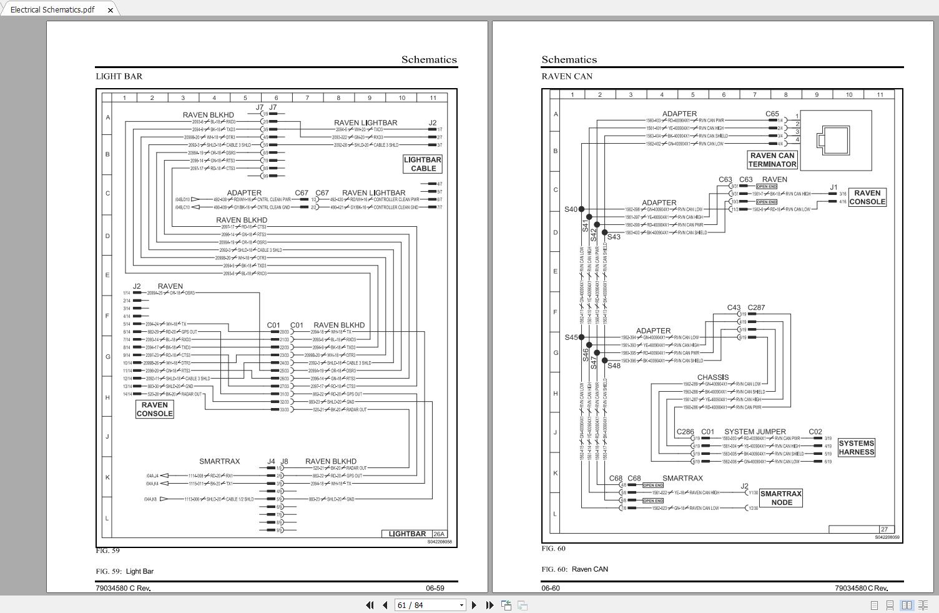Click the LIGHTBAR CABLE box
pos(423,164)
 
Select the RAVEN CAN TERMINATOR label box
pos(772,160)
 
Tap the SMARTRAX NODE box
pos(781,498)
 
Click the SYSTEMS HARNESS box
pos(856,447)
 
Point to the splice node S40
pos(581,209)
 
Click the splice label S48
pos(614,366)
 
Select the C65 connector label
pos(772,114)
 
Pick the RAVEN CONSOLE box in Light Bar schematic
pos(154,409)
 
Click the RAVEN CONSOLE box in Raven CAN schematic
pos(867,197)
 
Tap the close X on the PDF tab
pos(111,10)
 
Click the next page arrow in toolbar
pos(474,605)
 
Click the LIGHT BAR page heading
pos(119,76)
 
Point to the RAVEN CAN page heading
pos(567,76)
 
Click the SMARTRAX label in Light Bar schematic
pos(219,461)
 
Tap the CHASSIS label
pos(712,377)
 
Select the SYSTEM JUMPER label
pos(755,431)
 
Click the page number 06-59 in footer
pos(435,588)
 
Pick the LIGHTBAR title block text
pos(407,534)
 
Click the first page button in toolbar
pos(370,605)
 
